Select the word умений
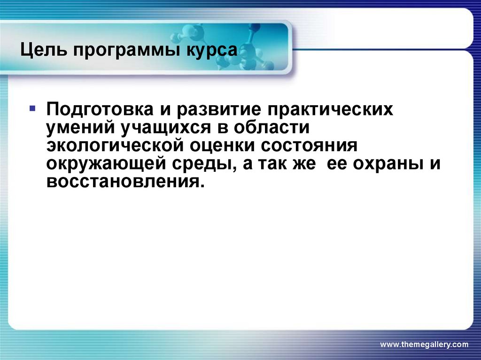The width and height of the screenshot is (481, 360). tap(83, 128)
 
